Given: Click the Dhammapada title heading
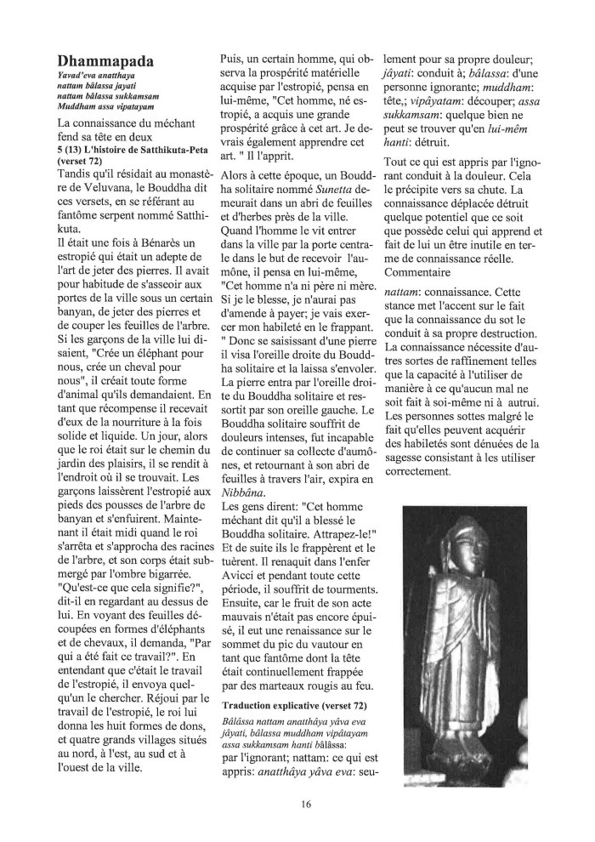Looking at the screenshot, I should coord(105,62).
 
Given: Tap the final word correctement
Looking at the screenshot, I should coord(424,473).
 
